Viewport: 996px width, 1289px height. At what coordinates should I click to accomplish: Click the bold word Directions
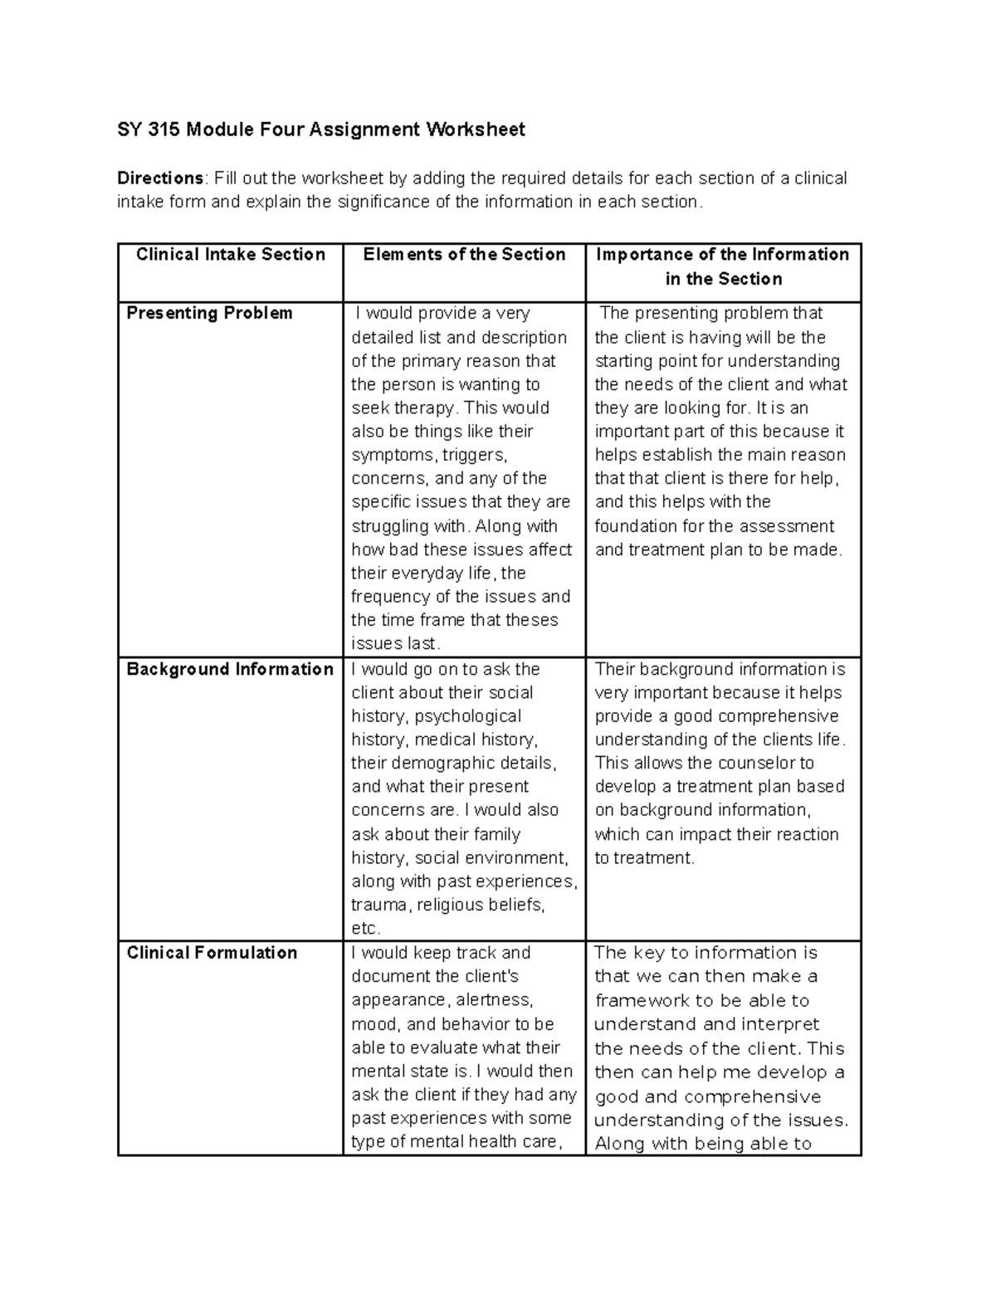[159, 178]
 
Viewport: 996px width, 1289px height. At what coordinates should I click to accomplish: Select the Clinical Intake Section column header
[230, 255]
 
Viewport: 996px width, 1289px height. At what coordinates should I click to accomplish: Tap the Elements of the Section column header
[464, 255]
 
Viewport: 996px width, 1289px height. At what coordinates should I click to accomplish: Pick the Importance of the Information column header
[723, 266]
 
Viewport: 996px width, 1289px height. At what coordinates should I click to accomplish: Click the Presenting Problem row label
[209, 314]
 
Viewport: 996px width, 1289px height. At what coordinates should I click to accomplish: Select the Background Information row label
[230, 670]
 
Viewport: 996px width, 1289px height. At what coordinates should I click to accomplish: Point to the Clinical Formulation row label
[212, 953]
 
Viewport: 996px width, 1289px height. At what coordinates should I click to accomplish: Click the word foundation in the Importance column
[636, 526]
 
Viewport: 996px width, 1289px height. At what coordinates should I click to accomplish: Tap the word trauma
[380, 906]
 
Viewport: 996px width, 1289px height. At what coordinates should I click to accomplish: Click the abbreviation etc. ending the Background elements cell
[365, 929]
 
